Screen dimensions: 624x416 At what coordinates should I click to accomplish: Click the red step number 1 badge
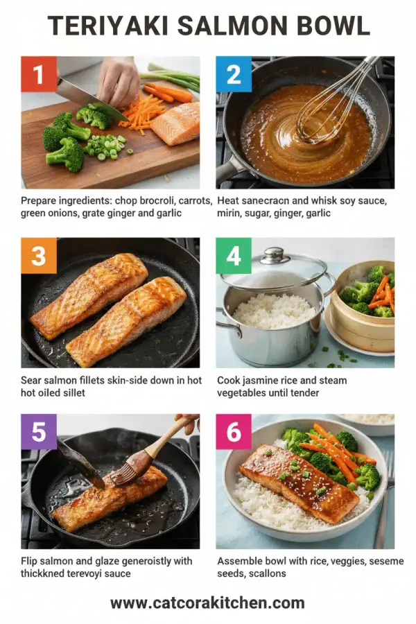38,74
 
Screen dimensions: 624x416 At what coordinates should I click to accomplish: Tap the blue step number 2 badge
234,74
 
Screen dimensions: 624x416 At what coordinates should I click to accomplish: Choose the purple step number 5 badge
38,432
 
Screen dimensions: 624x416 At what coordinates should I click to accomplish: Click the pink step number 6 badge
234,432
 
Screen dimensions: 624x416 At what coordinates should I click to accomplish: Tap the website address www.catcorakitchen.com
207,603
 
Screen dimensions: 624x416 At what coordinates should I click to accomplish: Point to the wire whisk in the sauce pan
326,111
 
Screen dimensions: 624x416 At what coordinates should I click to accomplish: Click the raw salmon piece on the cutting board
176,123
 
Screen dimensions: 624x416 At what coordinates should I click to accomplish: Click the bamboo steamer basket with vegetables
362,305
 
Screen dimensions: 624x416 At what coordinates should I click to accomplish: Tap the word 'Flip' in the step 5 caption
31,560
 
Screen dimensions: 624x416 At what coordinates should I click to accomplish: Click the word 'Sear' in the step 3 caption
33,380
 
